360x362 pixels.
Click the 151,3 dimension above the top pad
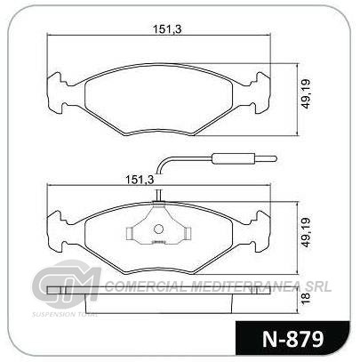click(x=167, y=29)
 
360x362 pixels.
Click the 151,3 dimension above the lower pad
click(x=140, y=180)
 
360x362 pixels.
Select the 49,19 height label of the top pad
click(x=306, y=93)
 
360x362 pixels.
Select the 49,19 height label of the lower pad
click(x=306, y=232)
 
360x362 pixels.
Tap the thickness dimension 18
click(x=306, y=297)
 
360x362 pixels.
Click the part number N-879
click(x=292, y=339)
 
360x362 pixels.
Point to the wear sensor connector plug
click(x=234, y=158)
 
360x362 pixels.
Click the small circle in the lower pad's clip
click(x=158, y=229)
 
